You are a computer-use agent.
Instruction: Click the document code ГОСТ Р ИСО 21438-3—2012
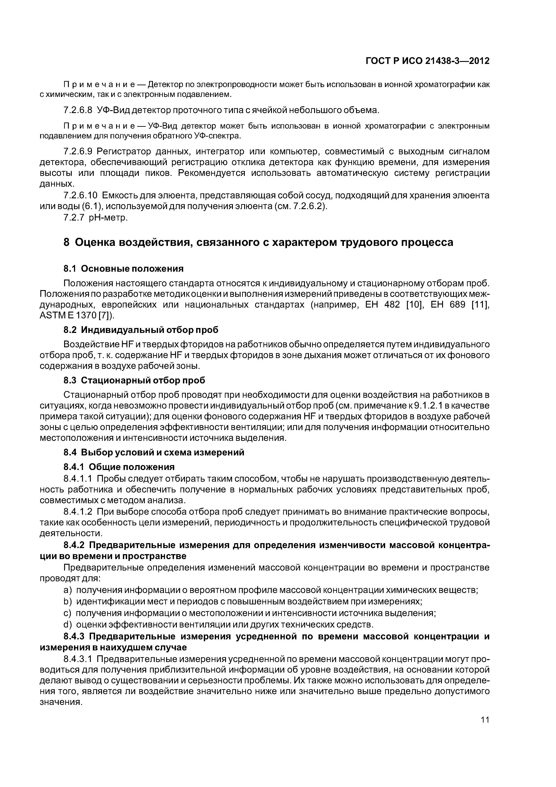pyautogui.click(x=428, y=61)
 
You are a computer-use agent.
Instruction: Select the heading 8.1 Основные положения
pyautogui.click(x=124, y=269)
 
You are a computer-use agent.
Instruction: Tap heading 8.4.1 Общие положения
pyautogui.click(x=119, y=467)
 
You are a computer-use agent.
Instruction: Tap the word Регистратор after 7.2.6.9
pyautogui.click(x=123, y=151)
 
